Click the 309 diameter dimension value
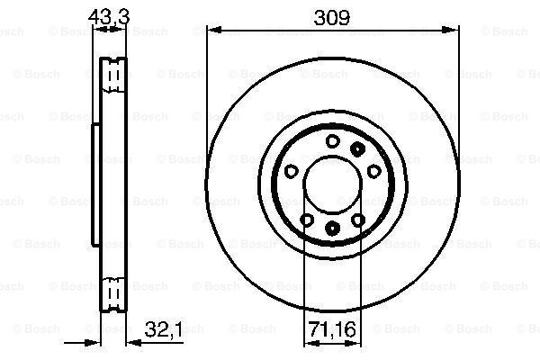pos(330,15)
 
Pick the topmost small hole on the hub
pos(331,139)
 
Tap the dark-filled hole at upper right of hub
pos(358,148)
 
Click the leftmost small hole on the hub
pos(290,170)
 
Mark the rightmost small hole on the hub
pos(373,170)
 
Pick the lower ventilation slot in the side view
pos(113,292)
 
